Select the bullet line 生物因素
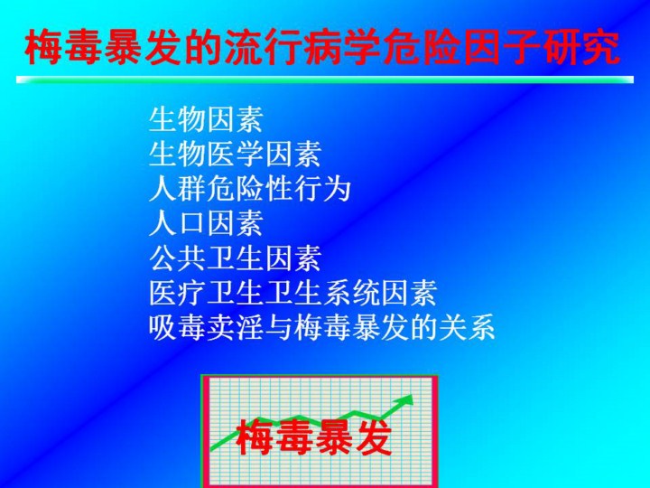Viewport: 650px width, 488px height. tap(206, 119)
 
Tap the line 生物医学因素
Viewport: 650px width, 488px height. tap(235, 154)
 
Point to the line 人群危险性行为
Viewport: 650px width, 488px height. tap(249, 188)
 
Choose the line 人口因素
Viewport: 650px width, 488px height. tap(206, 223)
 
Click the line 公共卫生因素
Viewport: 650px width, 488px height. tap(235, 258)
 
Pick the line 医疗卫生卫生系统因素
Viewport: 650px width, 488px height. tap(293, 293)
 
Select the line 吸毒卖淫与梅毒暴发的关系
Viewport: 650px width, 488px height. tap(322, 327)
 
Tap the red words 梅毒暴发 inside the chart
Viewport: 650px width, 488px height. tap(314, 437)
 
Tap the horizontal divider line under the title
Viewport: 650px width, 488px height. tap(325, 80)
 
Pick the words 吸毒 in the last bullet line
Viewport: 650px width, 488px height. tap(178, 327)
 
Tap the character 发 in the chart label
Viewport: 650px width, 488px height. tap(373, 437)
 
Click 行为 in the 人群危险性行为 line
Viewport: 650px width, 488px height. tap(322, 188)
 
